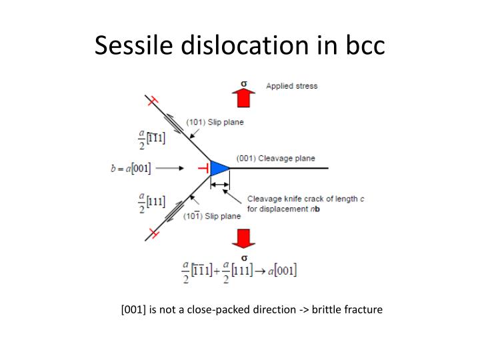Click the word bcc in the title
[x=363, y=45]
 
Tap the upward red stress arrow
[x=244, y=97]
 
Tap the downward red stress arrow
[x=244, y=239]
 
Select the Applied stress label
[x=292, y=86]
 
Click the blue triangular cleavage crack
[x=219, y=167]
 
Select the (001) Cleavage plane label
[x=276, y=158]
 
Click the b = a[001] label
[x=131, y=168]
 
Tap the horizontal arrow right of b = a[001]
[x=170, y=168]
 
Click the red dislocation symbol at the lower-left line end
[x=153, y=233]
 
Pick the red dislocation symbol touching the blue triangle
[x=205, y=167]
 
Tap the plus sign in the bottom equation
[x=217, y=271]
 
